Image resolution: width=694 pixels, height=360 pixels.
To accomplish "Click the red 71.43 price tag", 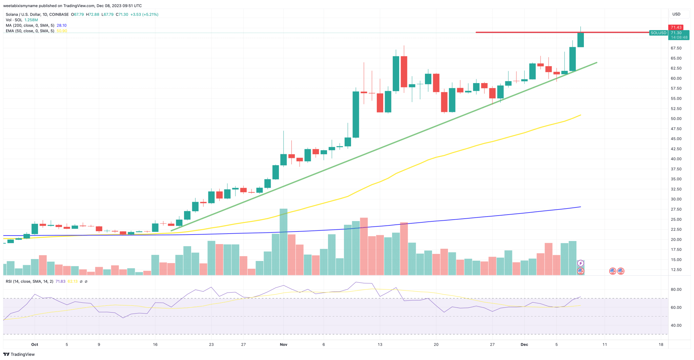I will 676,27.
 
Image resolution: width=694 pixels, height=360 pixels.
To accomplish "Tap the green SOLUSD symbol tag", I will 658,33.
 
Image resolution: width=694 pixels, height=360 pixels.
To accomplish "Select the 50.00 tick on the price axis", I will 676,119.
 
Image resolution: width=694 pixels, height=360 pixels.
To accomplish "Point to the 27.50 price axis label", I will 676,209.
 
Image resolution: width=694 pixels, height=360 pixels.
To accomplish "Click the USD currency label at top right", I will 676,14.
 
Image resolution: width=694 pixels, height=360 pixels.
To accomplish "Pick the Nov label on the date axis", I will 284,344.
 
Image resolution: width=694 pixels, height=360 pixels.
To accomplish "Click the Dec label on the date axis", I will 524,344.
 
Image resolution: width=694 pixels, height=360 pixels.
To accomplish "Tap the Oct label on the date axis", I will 35,344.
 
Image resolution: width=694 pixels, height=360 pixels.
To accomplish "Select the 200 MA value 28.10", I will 61,25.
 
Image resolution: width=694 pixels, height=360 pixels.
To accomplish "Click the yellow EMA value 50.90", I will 62,31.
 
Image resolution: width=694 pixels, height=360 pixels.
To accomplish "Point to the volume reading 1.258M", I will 31,20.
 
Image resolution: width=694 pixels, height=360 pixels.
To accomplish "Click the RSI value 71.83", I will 60,281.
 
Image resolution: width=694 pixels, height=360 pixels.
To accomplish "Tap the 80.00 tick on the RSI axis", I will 676,289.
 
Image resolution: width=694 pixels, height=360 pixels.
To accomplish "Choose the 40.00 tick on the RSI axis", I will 676,325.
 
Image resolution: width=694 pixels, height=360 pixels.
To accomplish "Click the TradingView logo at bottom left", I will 19,354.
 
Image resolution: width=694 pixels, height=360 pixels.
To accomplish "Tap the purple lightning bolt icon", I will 580,263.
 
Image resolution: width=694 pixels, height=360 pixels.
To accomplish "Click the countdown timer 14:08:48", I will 679,37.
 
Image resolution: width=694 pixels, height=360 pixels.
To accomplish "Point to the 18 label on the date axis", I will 661,344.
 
